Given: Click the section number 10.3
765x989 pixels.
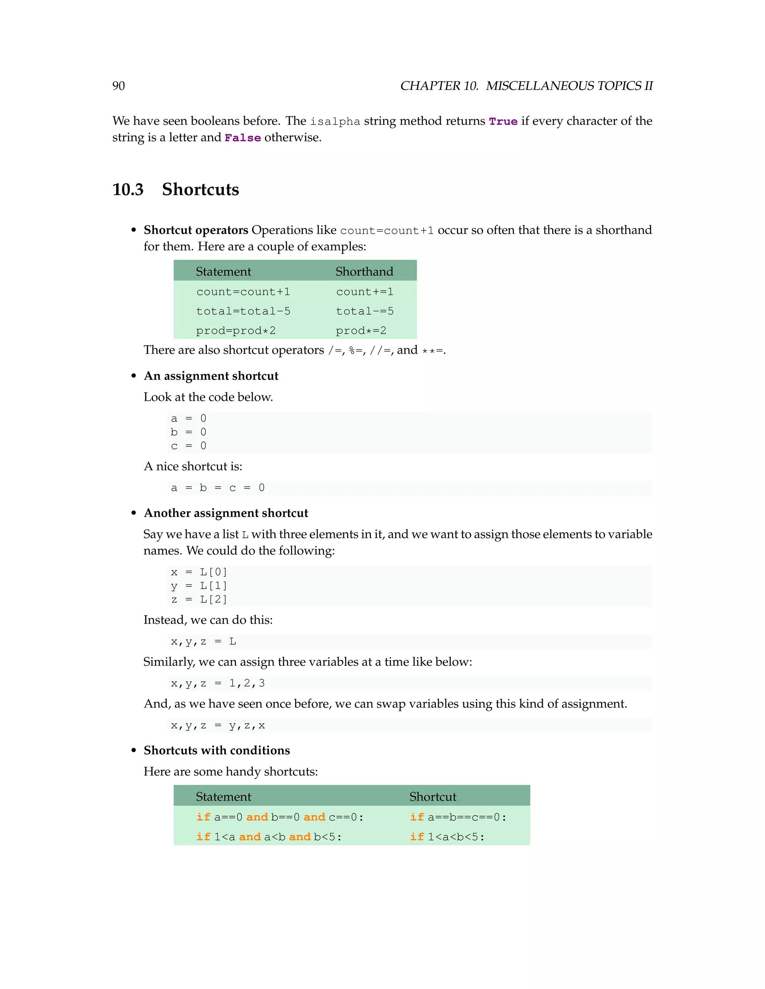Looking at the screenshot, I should point(128,189).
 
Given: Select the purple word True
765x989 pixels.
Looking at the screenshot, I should point(503,121).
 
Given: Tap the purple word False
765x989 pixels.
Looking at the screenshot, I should point(242,138).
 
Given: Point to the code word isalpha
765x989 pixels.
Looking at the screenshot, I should point(335,122).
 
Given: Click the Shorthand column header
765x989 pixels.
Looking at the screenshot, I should point(364,271).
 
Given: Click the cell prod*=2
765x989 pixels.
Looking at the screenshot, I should point(361,331).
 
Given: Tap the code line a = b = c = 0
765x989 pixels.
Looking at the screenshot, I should point(217,488).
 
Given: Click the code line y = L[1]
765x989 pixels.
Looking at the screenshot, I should point(199,586).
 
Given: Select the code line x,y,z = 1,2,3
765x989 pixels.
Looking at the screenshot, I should point(217,683).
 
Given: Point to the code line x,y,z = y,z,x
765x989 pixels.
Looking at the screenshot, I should point(217,726).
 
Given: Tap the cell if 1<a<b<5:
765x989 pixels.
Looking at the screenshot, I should point(447,837).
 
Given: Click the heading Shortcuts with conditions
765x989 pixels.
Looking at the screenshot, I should point(217,751).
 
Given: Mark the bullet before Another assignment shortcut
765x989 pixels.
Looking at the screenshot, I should point(134,513).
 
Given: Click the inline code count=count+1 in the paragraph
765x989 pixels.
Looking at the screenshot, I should point(387,231).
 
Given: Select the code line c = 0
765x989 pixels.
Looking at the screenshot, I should point(189,446).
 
